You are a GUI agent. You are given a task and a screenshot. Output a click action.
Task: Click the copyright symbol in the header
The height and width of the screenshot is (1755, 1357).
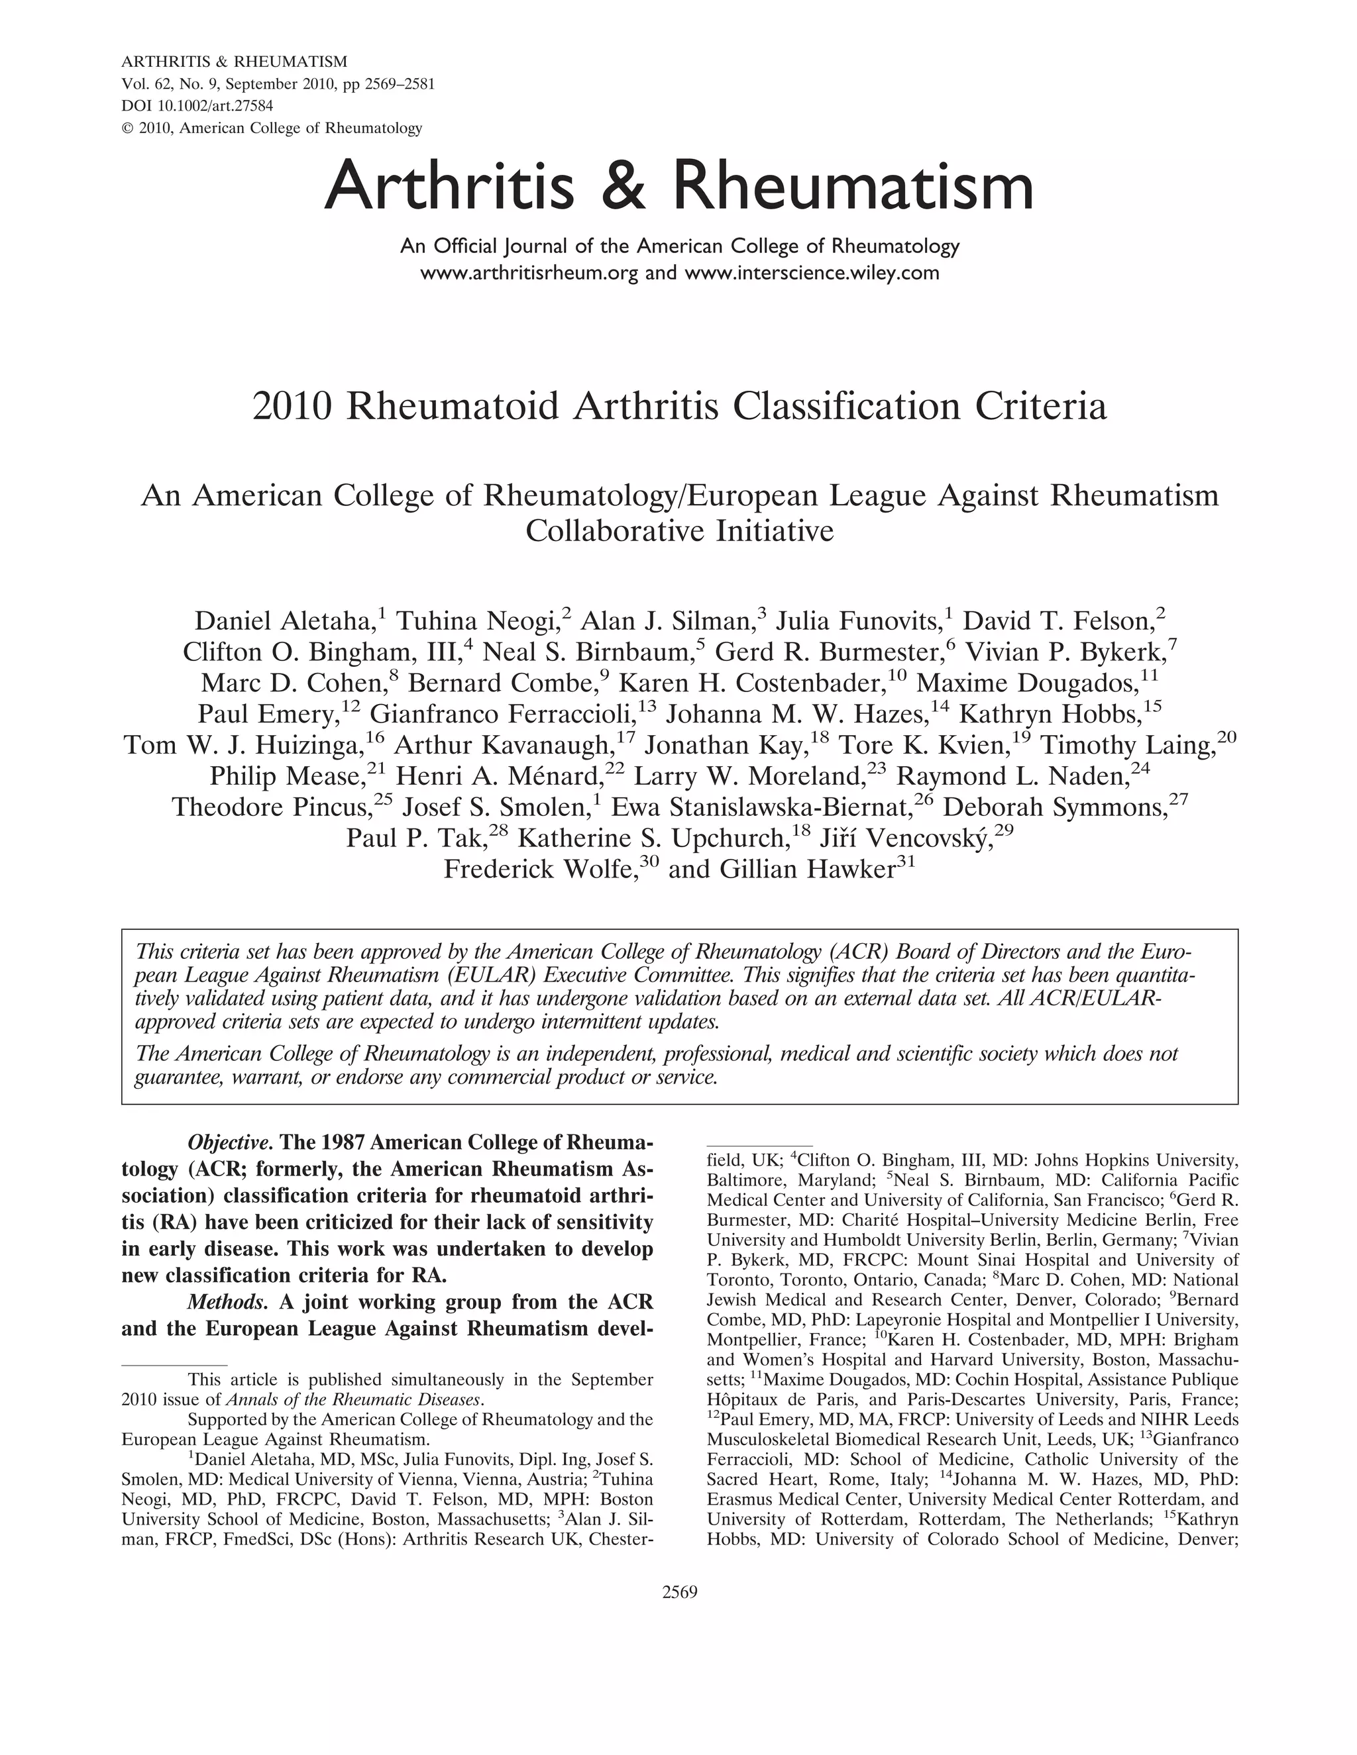pyautogui.click(x=126, y=128)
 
